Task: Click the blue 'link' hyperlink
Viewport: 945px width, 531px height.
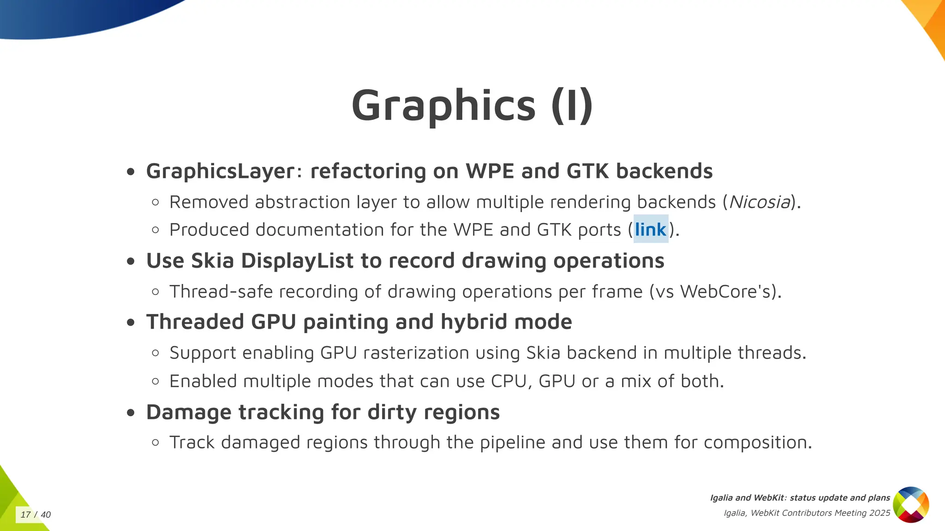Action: (651, 230)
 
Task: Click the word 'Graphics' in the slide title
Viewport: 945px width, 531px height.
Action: (443, 106)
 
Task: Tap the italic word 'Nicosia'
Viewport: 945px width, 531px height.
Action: (759, 202)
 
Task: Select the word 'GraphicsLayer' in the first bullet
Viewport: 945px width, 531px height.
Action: (221, 171)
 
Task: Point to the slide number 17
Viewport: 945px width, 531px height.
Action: (26, 514)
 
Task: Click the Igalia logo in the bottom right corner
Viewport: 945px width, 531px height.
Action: (910, 505)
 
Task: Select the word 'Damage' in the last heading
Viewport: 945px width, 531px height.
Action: (189, 412)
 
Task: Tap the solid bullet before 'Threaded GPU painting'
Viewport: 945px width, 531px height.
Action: (131, 323)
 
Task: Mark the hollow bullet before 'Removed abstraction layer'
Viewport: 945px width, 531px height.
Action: (156, 202)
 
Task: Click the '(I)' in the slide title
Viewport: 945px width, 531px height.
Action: (572, 106)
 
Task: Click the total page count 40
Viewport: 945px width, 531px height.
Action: (46, 514)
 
